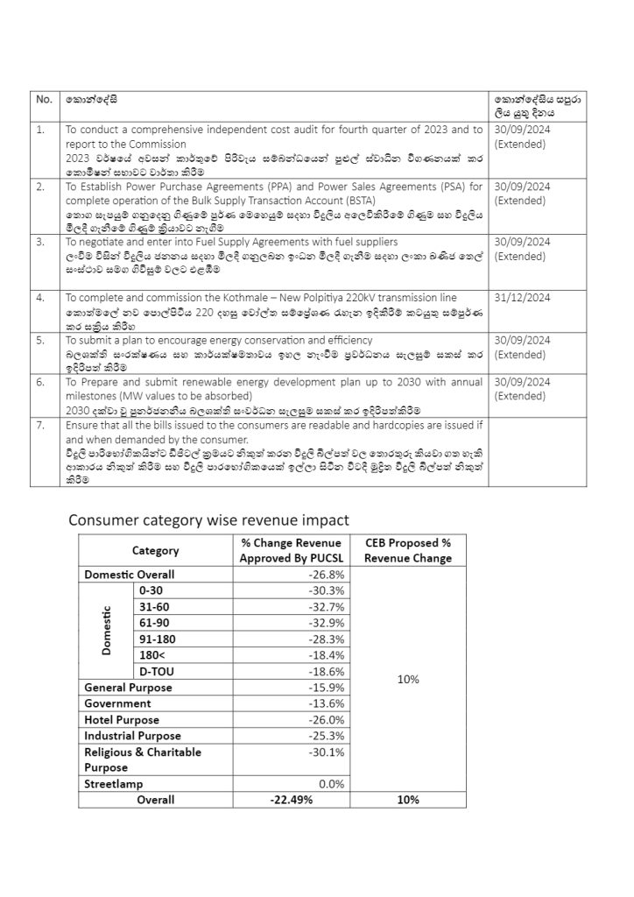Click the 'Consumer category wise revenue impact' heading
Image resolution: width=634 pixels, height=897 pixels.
tap(208, 520)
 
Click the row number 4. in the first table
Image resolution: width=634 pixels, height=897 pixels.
tap(40, 299)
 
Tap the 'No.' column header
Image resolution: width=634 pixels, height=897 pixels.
tap(44, 100)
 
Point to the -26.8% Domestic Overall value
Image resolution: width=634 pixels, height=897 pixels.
tap(325, 575)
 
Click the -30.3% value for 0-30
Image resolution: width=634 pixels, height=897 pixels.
tap(325, 591)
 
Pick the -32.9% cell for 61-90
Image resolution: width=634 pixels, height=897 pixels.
tap(325, 623)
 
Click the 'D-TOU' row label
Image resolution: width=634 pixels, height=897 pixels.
tap(158, 671)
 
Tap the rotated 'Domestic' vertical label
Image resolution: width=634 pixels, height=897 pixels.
tap(107, 631)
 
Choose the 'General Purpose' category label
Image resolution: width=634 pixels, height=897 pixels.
tap(128, 688)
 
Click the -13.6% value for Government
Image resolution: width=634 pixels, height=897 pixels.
tap(325, 703)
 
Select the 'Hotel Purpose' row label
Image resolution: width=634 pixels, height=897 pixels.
tap(122, 720)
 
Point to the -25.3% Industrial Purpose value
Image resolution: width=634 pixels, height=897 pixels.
tap(325, 736)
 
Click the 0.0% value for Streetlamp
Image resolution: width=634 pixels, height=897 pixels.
tap(330, 784)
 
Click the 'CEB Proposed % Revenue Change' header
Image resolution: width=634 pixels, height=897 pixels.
tap(408, 550)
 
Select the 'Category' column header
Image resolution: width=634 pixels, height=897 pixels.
tap(155, 551)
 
